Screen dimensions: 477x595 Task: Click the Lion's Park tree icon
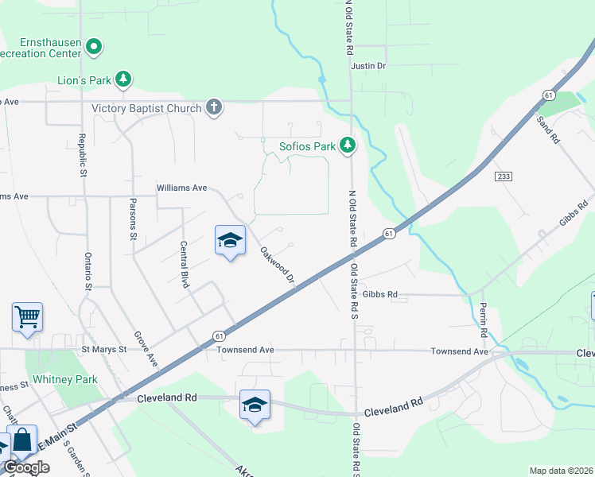[123, 79]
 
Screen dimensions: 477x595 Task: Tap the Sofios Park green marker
[347, 145]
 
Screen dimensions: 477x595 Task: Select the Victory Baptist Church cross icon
[213, 107]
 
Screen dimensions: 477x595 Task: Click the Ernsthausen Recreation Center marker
[94, 47]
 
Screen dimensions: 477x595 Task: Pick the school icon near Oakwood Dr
[229, 241]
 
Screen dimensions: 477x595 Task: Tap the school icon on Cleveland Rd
[255, 405]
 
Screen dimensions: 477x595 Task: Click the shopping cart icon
[27, 316]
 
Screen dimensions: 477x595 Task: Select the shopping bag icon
[23, 440]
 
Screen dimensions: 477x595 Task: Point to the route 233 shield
[502, 176]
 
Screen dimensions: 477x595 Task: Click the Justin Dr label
[368, 66]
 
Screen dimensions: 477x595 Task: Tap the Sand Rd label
[549, 129]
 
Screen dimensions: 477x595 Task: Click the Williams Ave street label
[181, 188]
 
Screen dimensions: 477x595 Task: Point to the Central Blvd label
[184, 264]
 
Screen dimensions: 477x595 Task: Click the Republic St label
[82, 155]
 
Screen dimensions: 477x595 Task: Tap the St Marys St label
[104, 349]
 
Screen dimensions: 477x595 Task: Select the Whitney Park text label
[69, 379]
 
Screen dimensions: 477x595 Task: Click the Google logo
[26, 467]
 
